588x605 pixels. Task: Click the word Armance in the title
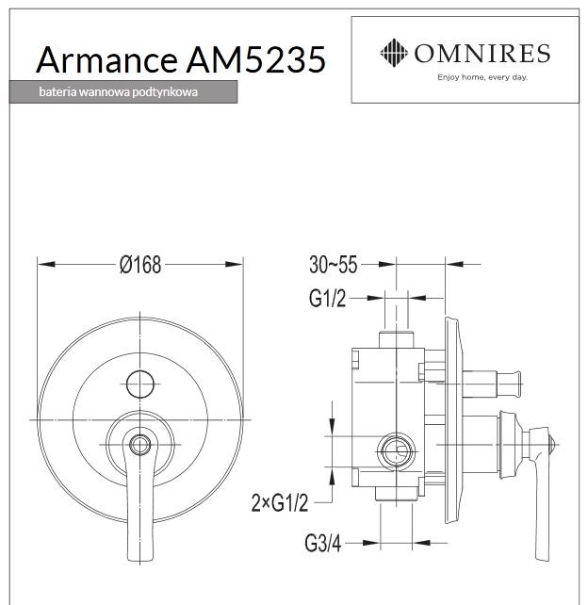point(103,59)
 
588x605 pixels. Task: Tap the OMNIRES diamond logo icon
point(393,52)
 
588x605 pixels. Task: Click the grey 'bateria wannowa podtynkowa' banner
point(122,92)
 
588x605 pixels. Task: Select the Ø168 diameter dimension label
point(140,265)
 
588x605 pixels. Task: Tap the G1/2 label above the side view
point(327,299)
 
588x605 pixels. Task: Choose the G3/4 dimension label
point(323,543)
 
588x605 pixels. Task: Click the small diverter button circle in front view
point(139,383)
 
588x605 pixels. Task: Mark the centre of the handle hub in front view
point(139,444)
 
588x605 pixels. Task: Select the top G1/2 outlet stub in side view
point(396,339)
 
